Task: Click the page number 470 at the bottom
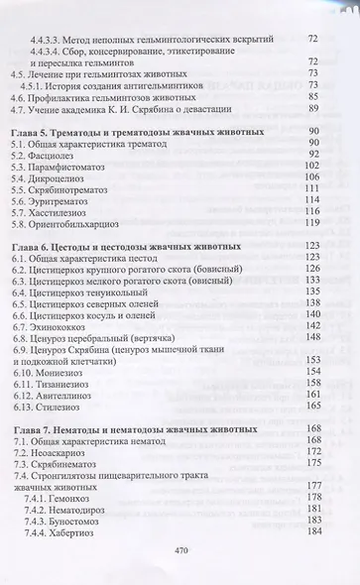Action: point(180,551)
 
